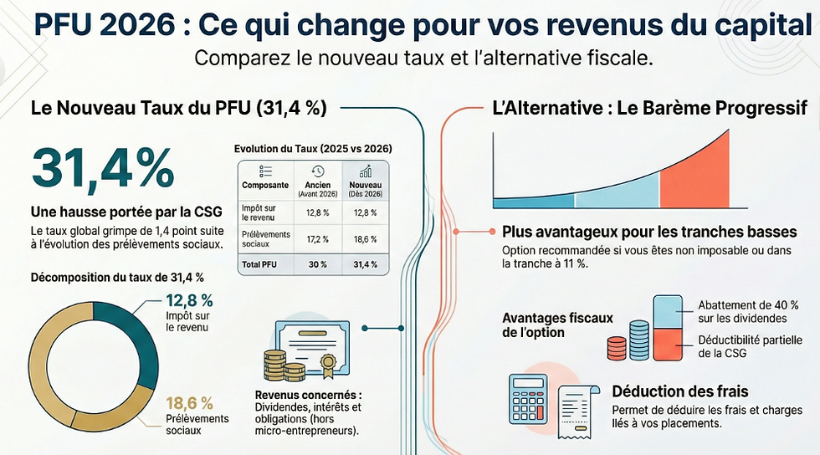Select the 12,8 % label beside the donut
coord(189,300)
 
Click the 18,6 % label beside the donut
coord(189,402)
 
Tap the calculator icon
coord(527,399)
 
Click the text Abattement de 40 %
coord(748,304)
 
